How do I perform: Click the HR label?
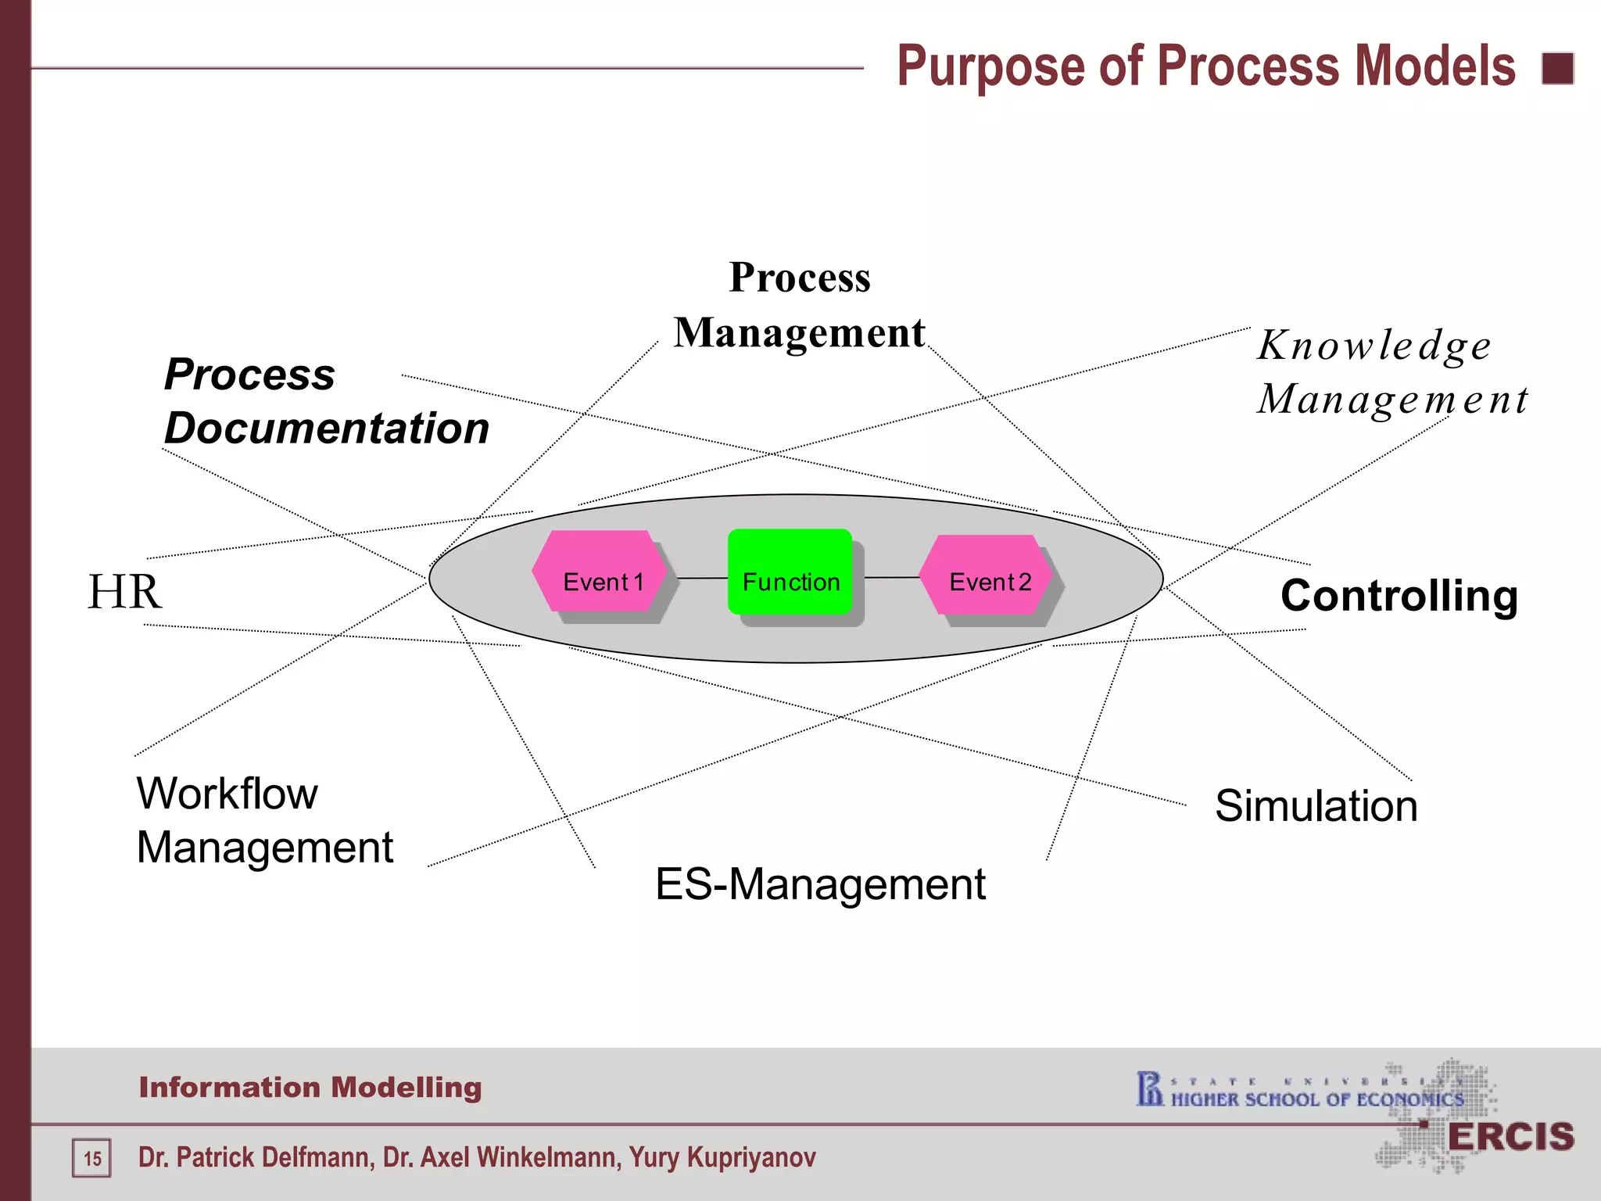click(124, 592)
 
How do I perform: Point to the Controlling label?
click(1399, 597)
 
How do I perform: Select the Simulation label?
click(1316, 806)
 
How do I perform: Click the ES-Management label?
click(820, 884)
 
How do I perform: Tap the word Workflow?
click(227, 794)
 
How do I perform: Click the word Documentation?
click(327, 428)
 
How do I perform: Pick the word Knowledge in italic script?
click(1374, 346)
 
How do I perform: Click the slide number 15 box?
click(92, 1158)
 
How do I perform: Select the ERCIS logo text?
click(1510, 1137)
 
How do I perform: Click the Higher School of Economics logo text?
click(1316, 1099)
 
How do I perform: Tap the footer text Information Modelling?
click(310, 1088)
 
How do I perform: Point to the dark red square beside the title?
click(1557, 68)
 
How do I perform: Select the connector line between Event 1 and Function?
click(701, 578)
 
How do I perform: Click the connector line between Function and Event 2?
click(891, 578)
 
